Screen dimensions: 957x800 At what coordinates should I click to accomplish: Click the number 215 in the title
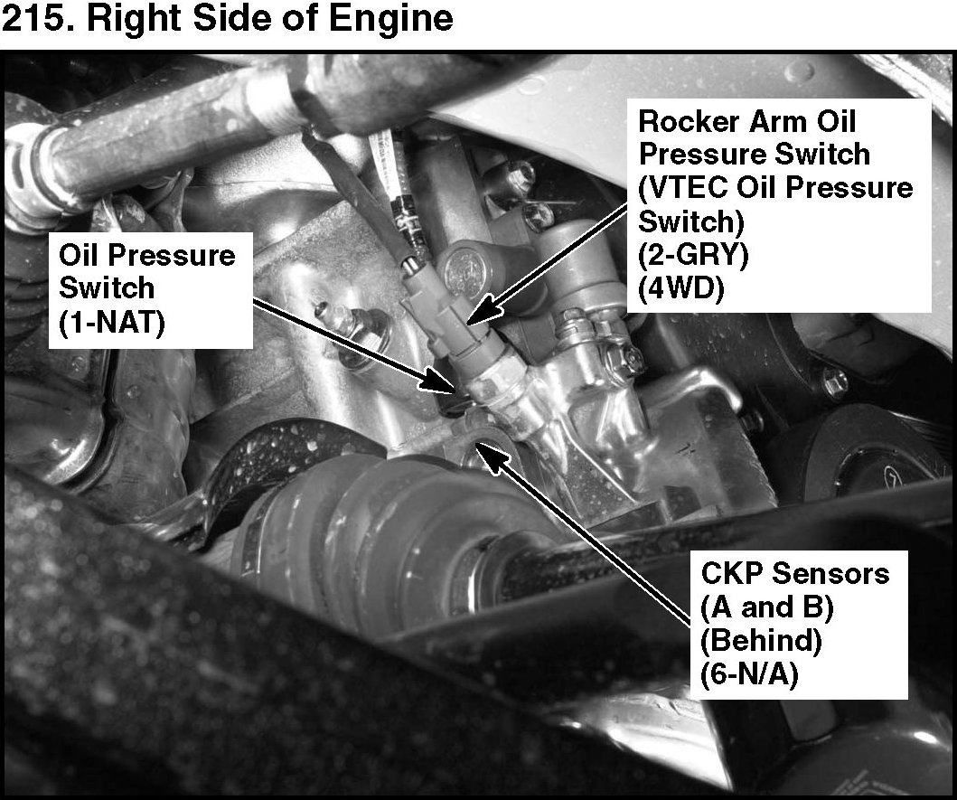[x=38, y=18]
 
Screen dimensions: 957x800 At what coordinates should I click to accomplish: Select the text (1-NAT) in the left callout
[x=112, y=322]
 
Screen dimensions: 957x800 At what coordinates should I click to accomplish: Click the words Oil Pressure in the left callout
[x=146, y=255]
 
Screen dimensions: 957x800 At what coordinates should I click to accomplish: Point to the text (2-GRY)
[x=693, y=255]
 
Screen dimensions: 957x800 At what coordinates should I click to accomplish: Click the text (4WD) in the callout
[x=680, y=288]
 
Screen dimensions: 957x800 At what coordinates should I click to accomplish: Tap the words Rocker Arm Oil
[x=747, y=121]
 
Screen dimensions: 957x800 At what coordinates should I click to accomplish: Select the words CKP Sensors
[x=794, y=573]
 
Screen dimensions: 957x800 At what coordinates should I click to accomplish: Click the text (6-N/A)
[x=749, y=675]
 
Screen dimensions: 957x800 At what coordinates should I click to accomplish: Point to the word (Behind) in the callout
[x=761, y=641]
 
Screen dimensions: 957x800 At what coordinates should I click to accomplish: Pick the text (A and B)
[x=767, y=607]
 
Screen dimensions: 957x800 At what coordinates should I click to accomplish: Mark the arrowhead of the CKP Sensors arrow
[x=492, y=456]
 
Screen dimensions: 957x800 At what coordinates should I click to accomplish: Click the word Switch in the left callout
[x=107, y=288]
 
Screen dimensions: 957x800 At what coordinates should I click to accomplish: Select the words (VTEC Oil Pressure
[x=775, y=187]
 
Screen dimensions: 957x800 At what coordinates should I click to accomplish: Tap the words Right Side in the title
[x=204, y=19]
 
